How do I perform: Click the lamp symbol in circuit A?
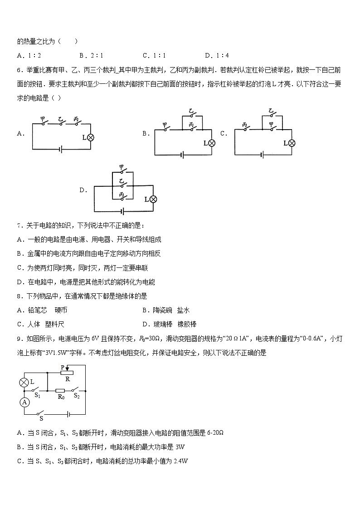[x=90, y=137]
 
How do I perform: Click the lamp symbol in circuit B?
[x=211, y=143]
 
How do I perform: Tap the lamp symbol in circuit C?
[x=292, y=143]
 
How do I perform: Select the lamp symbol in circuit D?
[x=153, y=199]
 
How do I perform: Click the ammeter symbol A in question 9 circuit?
[x=25, y=402]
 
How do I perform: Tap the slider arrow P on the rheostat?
[x=68, y=368]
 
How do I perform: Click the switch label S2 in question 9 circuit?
[x=77, y=396]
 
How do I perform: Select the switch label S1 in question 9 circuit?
[x=38, y=396]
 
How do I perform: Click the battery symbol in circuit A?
[x=61, y=149]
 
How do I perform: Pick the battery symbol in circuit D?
[x=122, y=211]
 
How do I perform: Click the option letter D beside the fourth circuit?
[x=83, y=190]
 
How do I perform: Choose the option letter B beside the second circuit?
[x=146, y=133]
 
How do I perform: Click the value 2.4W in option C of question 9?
[x=180, y=461]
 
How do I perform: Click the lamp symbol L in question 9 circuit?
[x=24, y=382]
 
